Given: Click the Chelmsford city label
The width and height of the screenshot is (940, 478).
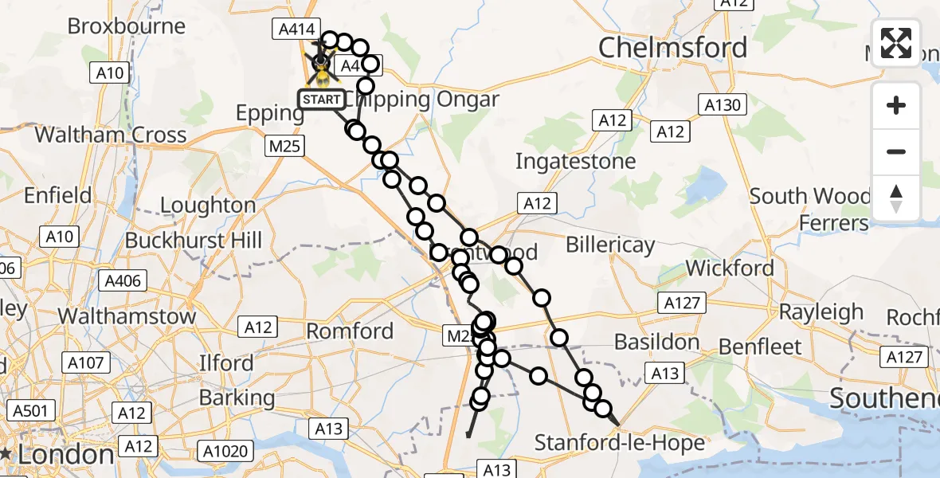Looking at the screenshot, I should [x=673, y=48].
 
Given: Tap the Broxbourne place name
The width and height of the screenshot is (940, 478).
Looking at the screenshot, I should [x=126, y=26].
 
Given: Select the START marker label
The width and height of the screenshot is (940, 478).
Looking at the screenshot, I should [x=322, y=100].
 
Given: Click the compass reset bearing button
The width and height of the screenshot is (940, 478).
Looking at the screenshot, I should [x=896, y=198].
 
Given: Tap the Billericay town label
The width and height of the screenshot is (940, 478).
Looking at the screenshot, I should [x=610, y=245].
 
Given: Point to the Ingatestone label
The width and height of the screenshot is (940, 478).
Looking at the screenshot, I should [x=575, y=162].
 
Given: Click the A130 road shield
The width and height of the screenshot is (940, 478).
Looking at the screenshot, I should [x=723, y=104].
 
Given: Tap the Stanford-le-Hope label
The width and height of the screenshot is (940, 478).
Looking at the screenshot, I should [x=620, y=442].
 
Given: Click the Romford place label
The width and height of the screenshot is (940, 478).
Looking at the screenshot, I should [x=350, y=331].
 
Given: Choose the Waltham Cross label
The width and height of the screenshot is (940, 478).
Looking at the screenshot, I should [x=110, y=134].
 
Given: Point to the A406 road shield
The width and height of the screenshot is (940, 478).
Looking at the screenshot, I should [x=123, y=280].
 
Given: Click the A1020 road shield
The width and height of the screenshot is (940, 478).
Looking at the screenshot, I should [x=229, y=452].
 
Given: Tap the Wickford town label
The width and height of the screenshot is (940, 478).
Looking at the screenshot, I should [x=730, y=268].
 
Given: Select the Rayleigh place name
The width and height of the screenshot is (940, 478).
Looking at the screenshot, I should [x=821, y=311].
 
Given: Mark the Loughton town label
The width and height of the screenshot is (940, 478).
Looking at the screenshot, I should [x=207, y=206].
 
